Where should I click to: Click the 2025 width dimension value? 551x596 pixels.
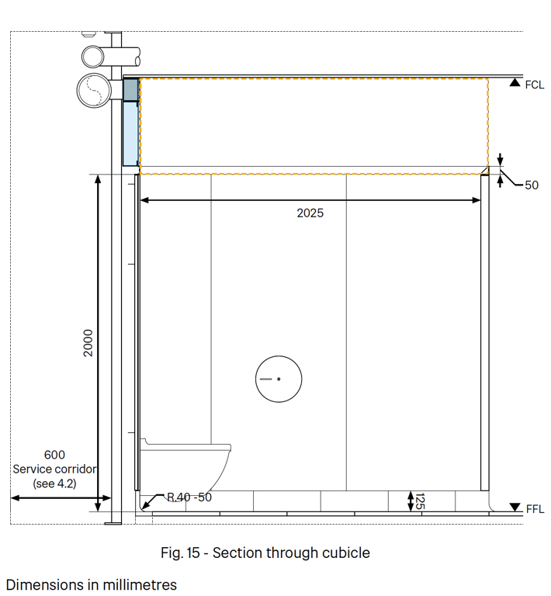pyautogui.click(x=310, y=213)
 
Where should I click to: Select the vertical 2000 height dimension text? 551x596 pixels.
pyautogui.click(x=88, y=343)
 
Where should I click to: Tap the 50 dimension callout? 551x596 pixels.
pyautogui.click(x=532, y=185)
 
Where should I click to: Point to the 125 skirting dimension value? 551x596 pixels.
pyautogui.click(x=420, y=501)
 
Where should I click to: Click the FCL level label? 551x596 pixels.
pyautogui.click(x=535, y=85)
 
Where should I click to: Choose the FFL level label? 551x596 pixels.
pyautogui.click(x=535, y=509)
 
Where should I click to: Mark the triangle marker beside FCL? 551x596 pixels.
pyautogui.click(x=515, y=82)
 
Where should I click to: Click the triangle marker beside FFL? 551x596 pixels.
pyautogui.click(x=515, y=507)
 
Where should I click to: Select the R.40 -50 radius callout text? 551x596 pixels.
pyautogui.click(x=189, y=497)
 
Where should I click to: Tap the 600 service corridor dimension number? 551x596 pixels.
pyautogui.click(x=54, y=455)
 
